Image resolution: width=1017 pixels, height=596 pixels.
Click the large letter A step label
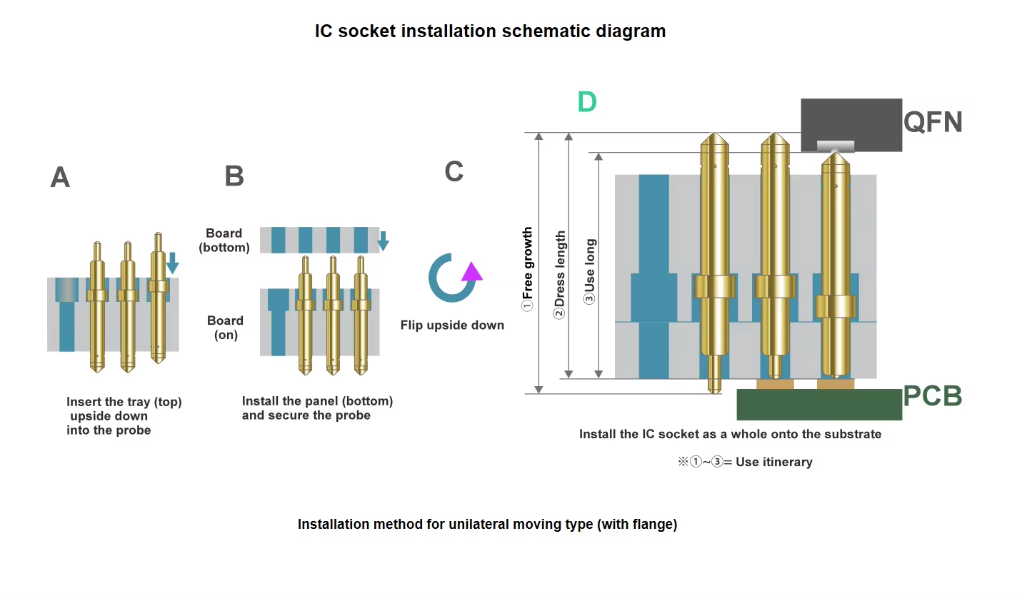[x=60, y=177]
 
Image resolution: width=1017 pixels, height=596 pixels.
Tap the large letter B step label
[x=234, y=176]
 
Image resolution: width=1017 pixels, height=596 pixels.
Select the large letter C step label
[x=454, y=171]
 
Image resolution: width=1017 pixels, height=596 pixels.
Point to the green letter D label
[x=587, y=103]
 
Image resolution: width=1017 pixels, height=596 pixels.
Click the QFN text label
[x=933, y=123]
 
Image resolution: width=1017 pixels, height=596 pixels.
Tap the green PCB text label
[x=932, y=396]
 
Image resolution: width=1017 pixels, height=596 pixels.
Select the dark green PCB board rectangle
[x=818, y=405]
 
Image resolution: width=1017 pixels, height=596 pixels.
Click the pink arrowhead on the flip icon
[x=471, y=272]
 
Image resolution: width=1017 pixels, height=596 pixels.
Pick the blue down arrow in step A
[x=171, y=265]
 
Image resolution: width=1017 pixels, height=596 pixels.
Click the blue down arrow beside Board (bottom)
[x=383, y=241]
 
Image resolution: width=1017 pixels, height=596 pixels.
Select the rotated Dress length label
[x=561, y=274]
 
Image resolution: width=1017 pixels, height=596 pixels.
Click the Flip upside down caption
[x=452, y=325]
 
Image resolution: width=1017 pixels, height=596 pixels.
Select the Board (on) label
[x=225, y=328]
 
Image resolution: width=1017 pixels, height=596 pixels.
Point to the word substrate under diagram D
[x=852, y=434]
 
